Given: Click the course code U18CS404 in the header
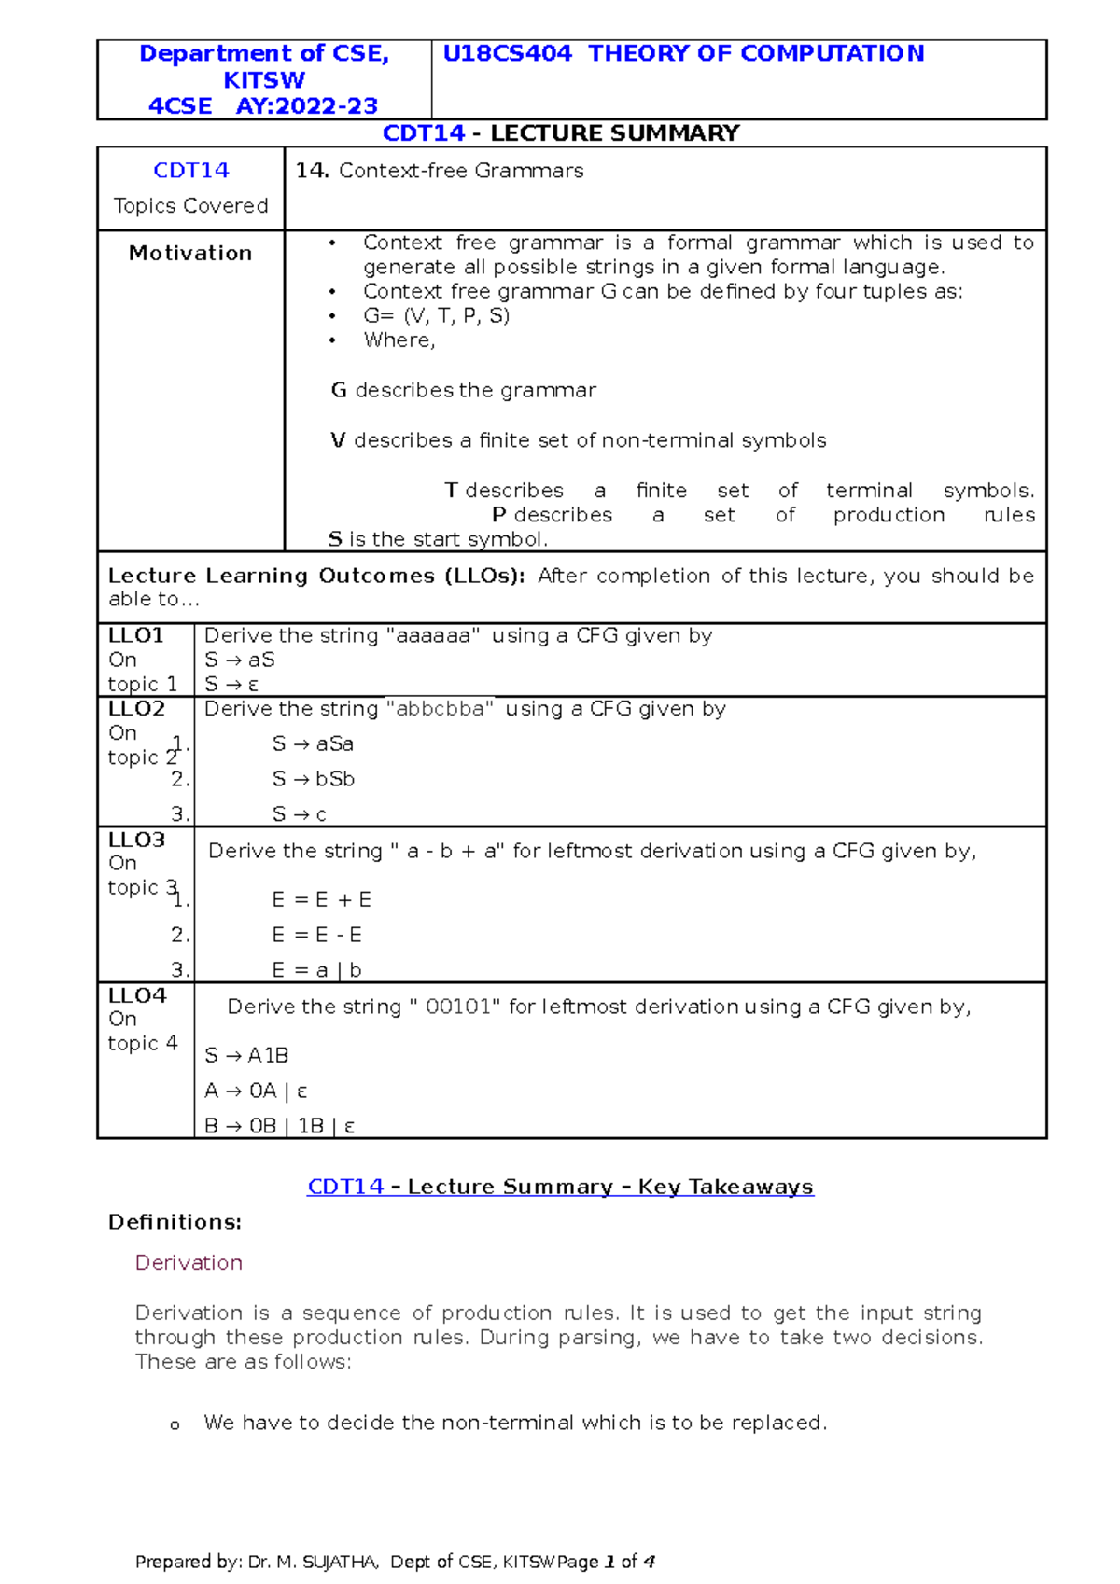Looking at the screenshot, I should click(x=507, y=54).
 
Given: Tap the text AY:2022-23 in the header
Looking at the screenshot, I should click(x=306, y=106).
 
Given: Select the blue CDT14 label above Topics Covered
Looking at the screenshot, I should click(x=190, y=171).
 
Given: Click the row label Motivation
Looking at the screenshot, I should click(x=190, y=254).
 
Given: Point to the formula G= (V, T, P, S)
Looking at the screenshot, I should click(x=436, y=316).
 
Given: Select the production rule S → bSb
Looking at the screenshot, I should click(x=314, y=779).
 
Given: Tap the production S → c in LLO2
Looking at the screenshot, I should click(x=299, y=814).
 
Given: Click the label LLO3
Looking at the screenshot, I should click(x=136, y=840).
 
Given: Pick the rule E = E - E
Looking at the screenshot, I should click(x=316, y=935).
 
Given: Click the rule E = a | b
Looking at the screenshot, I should click(x=316, y=970).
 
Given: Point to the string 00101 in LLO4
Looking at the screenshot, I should click(x=462, y=1007).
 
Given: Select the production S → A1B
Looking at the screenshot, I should click(x=246, y=1056).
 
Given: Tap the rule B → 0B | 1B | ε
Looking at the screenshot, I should click(x=280, y=1126).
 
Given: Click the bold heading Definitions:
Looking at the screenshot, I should click(x=175, y=1222).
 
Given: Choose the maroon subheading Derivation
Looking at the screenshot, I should click(x=189, y=1263).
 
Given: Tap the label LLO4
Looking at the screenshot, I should click(x=137, y=995).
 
